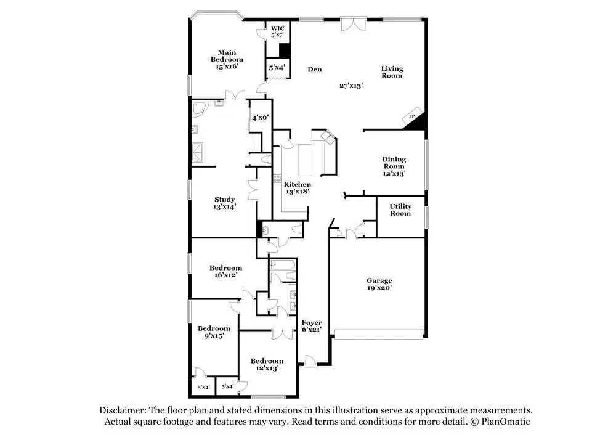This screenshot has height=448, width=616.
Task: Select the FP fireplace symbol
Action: (x=411, y=116)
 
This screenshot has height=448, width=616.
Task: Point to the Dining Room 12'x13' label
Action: (x=394, y=166)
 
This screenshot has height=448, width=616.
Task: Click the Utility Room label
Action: (x=400, y=210)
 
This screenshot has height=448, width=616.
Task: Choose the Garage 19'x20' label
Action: (x=379, y=283)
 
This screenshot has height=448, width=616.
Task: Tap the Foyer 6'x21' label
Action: (x=311, y=326)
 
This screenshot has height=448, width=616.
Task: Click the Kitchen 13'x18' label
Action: (x=297, y=188)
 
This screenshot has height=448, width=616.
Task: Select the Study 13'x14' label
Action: (x=225, y=203)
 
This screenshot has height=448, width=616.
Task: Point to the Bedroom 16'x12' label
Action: (x=225, y=271)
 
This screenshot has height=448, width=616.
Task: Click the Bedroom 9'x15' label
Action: (x=214, y=332)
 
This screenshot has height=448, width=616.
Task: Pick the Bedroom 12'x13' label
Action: (x=267, y=364)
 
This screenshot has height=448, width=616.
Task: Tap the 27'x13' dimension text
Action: (x=351, y=86)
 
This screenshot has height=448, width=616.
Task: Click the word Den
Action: (x=315, y=70)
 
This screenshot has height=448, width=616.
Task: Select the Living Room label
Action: (x=392, y=72)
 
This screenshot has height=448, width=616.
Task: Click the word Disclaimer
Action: (x=123, y=410)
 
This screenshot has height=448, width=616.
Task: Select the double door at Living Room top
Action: (x=354, y=23)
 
